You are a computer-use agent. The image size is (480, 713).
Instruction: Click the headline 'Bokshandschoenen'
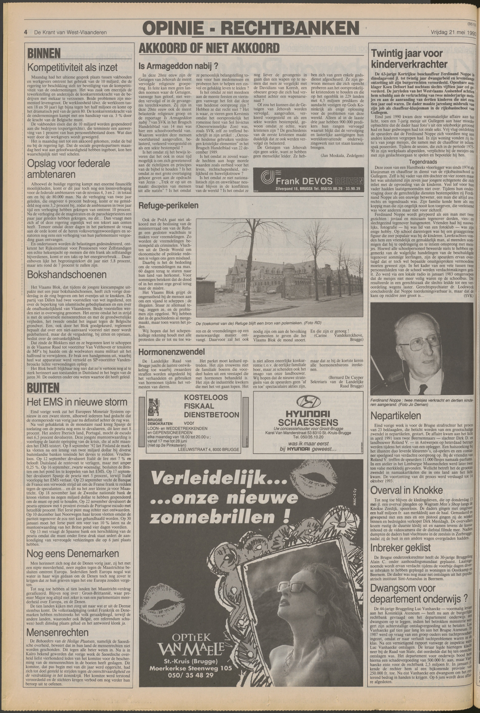coord(67,275)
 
